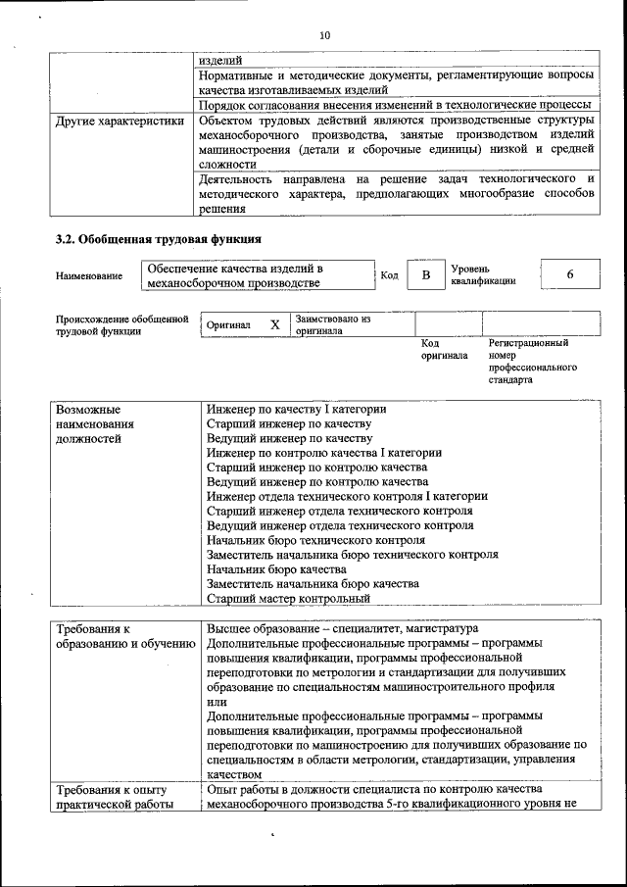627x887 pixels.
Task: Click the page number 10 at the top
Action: tap(325, 35)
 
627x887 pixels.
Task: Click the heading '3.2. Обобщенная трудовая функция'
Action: tap(158, 238)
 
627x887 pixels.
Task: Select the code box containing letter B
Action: tap(425, 276)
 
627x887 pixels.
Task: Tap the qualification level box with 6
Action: tap(569, 275)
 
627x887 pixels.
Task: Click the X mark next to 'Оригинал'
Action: tap(275, 324)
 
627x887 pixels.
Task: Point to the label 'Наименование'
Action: tap(89, 276)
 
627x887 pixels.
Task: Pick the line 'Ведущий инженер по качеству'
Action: tap(289, 438)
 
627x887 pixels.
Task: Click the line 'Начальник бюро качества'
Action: tap(276, 568)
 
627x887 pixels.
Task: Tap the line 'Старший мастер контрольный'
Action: tap(288, 598)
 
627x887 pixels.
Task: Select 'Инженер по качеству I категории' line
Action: tap(296, 409)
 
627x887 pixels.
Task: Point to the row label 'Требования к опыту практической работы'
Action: tap(112, 797)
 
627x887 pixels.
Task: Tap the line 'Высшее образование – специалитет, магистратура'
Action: tap(342, 628)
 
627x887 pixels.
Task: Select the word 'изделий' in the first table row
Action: tap(217, 60)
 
